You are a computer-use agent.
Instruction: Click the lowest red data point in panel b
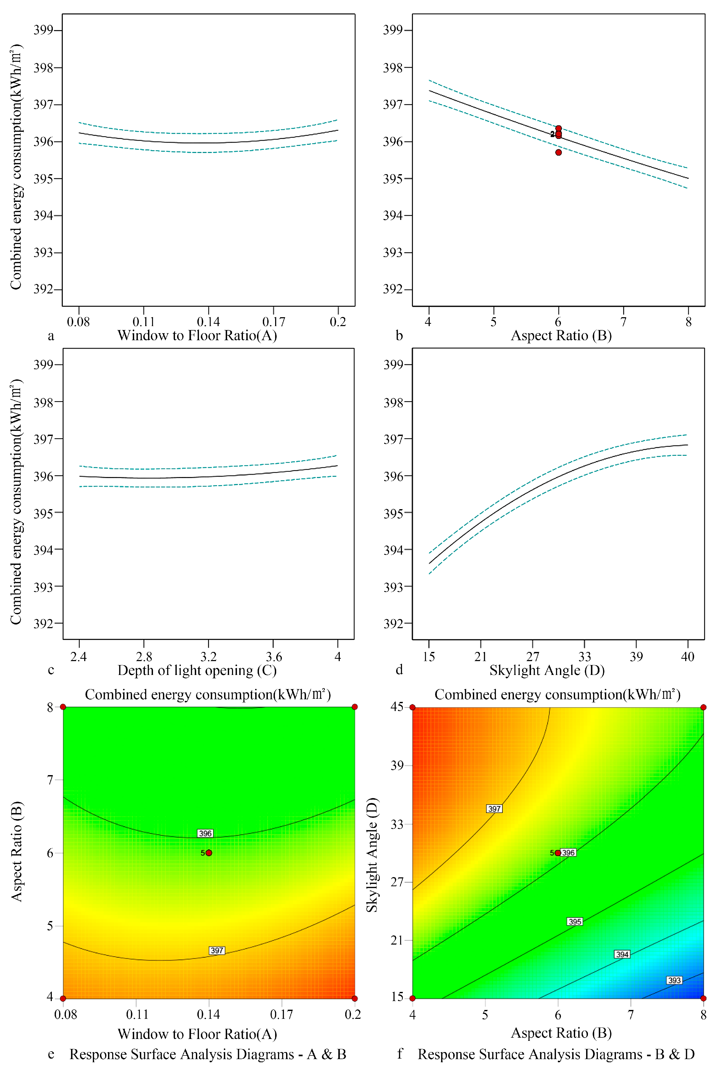[x=558, y=152]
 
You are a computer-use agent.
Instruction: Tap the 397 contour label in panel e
[x=217, y=951]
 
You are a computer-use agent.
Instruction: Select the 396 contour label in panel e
[x=205, y=833]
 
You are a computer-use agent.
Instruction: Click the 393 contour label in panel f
[x=674, y=980]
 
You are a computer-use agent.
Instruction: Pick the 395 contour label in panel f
[x=575, y=922]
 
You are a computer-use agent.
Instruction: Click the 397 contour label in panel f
[x=494, y=809]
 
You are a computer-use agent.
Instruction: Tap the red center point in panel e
[x=209, y=853]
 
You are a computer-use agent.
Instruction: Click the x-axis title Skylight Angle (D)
[x=547, y=670]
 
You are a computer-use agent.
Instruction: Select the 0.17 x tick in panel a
[x=274, y=322]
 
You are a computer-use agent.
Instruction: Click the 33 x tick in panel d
[x=585, y=657]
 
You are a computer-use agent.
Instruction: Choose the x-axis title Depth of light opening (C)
[x=197, y=670]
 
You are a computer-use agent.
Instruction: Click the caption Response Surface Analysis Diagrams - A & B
[x=208, y=1054]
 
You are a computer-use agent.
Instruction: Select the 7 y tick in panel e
[x=50, y=780]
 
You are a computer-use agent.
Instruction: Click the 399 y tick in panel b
[x=393, y=30]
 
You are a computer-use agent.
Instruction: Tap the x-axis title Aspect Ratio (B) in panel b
[x=561, y=336]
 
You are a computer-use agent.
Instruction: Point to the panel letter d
[x=399, y=670]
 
